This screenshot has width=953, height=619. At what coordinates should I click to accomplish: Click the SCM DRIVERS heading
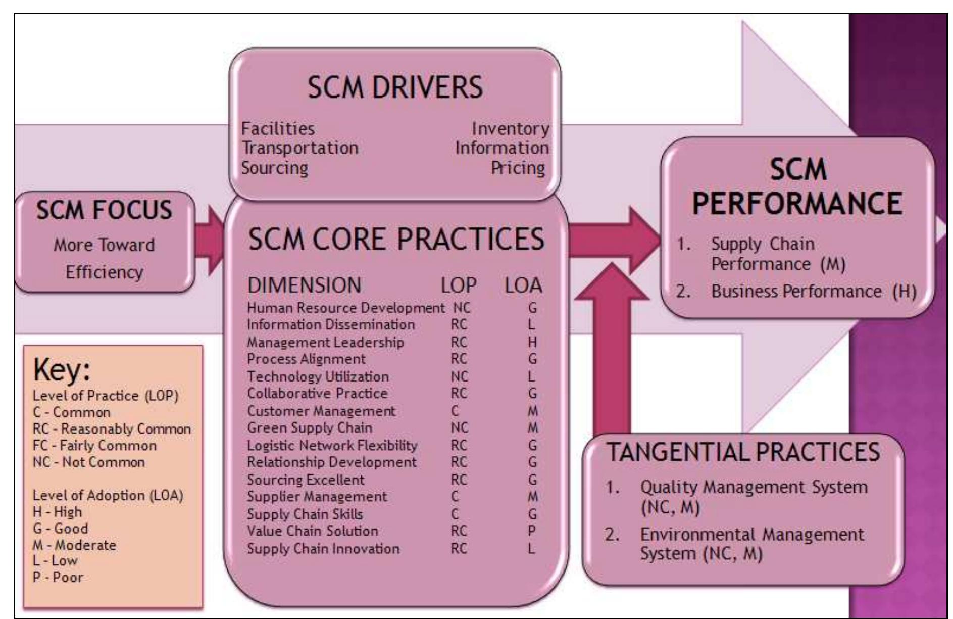tap(395, 87)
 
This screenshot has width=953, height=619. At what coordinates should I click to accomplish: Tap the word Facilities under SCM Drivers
tap(278, 129)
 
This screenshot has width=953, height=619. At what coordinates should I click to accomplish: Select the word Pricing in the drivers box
tap(518, 168)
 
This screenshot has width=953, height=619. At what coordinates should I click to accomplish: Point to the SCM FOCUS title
tap(104, 210)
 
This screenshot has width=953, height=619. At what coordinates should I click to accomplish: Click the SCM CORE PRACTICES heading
tap(396, 239)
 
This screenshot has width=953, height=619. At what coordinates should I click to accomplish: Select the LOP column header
tap(458, 285)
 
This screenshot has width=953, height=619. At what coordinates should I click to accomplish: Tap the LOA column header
tap(523, 285)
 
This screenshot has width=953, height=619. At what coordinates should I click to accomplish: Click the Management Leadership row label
tap(325, 342)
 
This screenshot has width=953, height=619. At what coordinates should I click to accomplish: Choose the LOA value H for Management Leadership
tap(532, 342)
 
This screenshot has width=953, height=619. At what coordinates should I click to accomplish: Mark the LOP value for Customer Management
tap(455, 411)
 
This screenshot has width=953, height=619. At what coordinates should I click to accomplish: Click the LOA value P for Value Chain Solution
tap(531, 531)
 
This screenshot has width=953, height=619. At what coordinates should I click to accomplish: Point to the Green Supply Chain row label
tap(310, 427)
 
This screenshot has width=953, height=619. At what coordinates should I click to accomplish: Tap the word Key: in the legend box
tap(62, 370)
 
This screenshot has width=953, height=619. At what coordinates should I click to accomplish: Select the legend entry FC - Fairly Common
tap(94, 445)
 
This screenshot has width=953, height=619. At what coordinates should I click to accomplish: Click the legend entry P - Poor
tap(58, 577)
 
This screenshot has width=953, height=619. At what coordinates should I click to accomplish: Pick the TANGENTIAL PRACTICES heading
tap(743, 452)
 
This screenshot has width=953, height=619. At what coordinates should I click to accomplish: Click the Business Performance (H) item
tap(813, 292)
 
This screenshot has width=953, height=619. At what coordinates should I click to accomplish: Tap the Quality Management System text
tap(754, 487)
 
